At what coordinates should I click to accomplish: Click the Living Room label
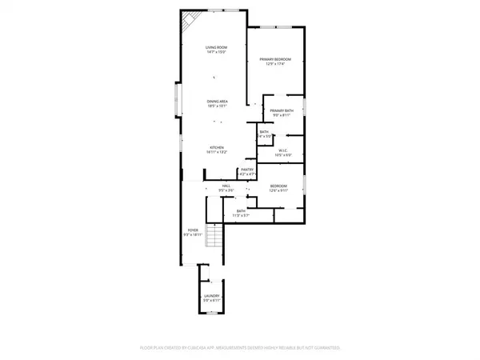[214, 48]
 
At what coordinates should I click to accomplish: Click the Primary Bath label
[281, 110]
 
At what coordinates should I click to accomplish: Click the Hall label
[226, 186]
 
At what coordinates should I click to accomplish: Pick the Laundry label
[212, 296]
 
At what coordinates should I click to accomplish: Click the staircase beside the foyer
[212, 237]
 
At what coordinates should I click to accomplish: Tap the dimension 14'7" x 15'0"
[214, 53]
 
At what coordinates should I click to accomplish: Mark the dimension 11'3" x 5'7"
[242, 215]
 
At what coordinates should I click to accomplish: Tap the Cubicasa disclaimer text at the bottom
[239, 348]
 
